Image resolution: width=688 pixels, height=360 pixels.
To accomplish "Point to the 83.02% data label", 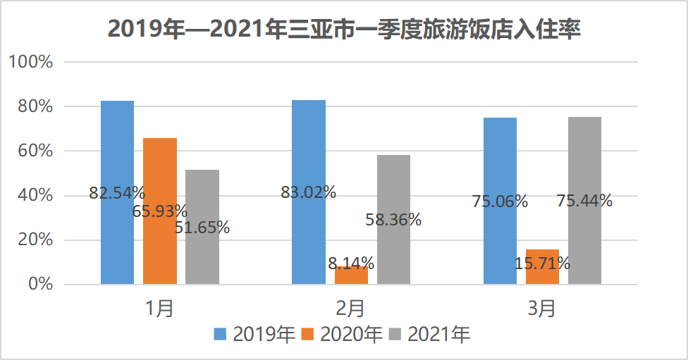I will (308, 192).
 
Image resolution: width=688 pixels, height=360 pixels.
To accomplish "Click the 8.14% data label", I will (351, 263).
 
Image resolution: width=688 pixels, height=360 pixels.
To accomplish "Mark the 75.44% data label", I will (584, 201).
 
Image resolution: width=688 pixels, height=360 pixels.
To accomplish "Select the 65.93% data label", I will (160, 210).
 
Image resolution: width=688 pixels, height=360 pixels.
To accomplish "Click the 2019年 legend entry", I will (255, 334).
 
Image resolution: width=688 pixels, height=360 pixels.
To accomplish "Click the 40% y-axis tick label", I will (35, 195).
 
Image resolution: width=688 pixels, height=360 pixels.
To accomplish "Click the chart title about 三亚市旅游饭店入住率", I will (344, 30).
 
